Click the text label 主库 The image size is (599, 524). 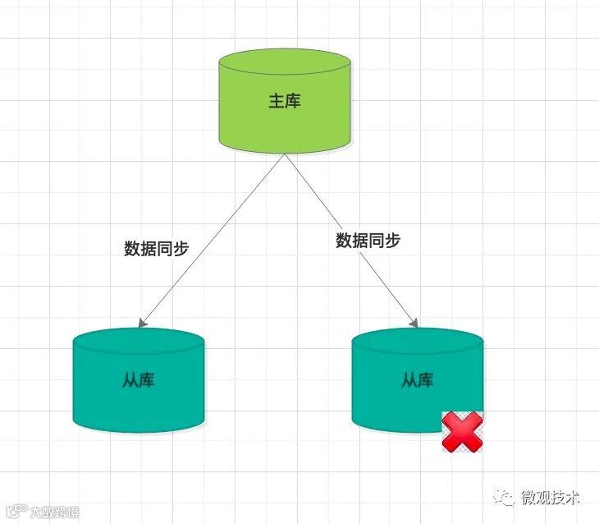coord(285,101)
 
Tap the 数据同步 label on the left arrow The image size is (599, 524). coord(157,248)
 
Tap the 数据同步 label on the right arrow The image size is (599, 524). coord(368,241)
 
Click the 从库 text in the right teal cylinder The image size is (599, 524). coord(417,380)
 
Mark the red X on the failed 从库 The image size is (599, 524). coord(462,432)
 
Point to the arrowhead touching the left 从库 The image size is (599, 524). coord(143,323)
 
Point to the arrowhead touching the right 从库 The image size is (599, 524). coord(415,322)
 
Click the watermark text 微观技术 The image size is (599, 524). coord(551,497)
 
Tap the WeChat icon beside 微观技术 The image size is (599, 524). coord(507,497)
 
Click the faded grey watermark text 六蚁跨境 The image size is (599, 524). coord(56,513)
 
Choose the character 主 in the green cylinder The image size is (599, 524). coord(277,101)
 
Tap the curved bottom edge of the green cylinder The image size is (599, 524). coord(285,151)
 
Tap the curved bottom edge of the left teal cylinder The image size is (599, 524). coord(138,430)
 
